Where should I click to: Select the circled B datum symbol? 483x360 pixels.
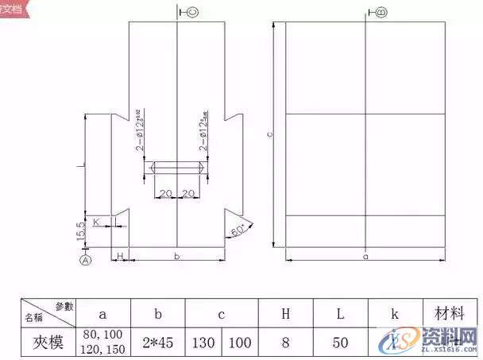point(380,13)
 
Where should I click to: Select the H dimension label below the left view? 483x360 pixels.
point(119,256)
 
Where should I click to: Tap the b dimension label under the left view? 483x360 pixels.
point(176,257)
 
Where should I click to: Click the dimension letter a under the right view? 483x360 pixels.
point(365,257)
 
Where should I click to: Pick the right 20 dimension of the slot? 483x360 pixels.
point(190,194)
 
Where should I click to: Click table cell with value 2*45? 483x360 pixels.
point(158,343)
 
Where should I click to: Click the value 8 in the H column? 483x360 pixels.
point(285,343)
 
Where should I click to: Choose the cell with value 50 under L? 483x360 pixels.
point(340,343)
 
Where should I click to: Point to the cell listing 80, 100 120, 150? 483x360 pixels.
point(104,343)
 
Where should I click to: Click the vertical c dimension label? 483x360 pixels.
point(270,135)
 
